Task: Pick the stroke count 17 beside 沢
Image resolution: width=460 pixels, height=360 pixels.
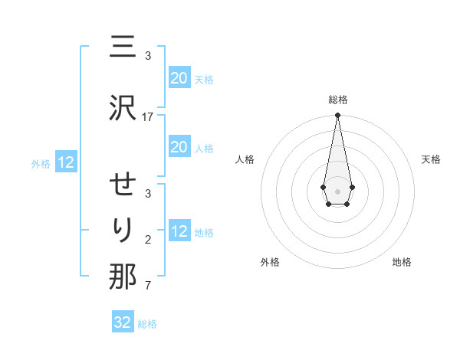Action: [x=148, y=116]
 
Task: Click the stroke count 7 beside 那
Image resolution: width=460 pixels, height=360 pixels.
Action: [x=148, y=286]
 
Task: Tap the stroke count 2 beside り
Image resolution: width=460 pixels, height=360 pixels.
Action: [x=148, y=240]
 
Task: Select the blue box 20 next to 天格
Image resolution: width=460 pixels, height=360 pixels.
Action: [x=179, y=78]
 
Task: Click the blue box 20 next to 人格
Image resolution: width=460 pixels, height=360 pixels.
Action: [x=179, y=147]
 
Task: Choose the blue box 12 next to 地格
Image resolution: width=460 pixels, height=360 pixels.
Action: [x=179, y=231]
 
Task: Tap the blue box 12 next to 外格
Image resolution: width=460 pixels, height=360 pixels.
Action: [x=66, y=162]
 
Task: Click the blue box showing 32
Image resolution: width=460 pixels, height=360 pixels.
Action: [x=123, y=322]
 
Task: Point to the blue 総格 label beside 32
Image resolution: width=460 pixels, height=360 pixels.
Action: [x=148, y=324]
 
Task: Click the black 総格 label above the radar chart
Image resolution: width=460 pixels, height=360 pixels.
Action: [x=337, y=100]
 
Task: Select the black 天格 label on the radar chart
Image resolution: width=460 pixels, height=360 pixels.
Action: [x=431, y=159]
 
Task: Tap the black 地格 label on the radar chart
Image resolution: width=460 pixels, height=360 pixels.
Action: [x=402, y=262]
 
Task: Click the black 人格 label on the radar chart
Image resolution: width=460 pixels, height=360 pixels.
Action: [x=245, y=159]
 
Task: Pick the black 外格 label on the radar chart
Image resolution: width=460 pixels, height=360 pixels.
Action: [x=270, y=262]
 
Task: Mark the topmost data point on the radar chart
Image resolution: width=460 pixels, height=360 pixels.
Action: [x=337, y=116]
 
